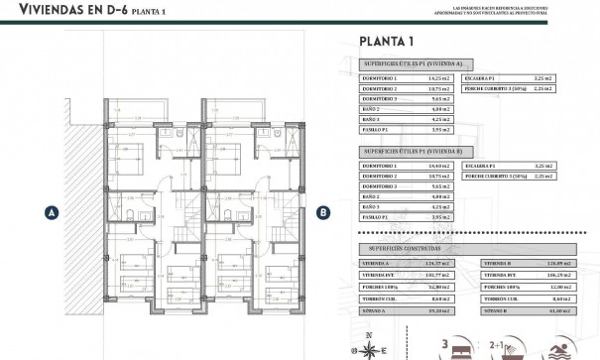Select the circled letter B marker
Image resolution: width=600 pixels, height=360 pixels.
click(x=323, y=210)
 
